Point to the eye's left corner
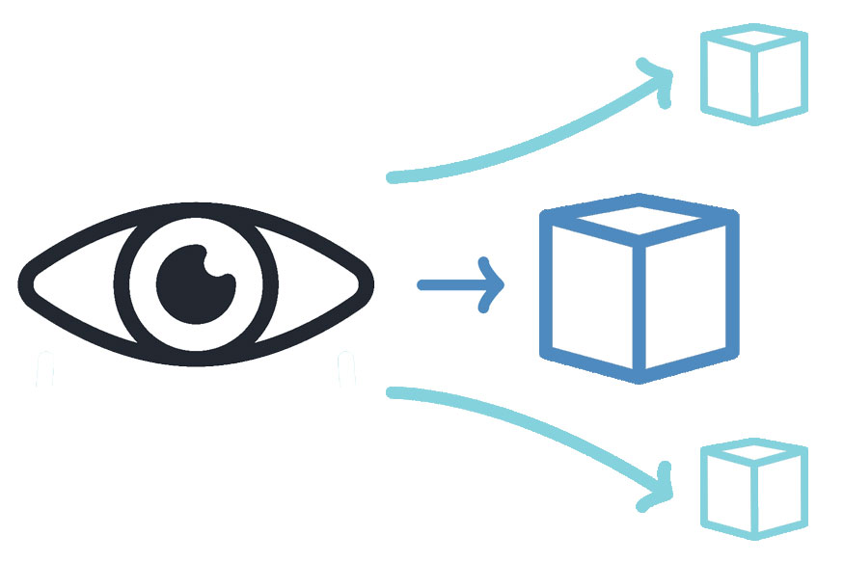(x=24, y=283)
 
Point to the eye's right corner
(x=368, y=283)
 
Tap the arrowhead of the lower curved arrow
(x=664, y=487)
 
